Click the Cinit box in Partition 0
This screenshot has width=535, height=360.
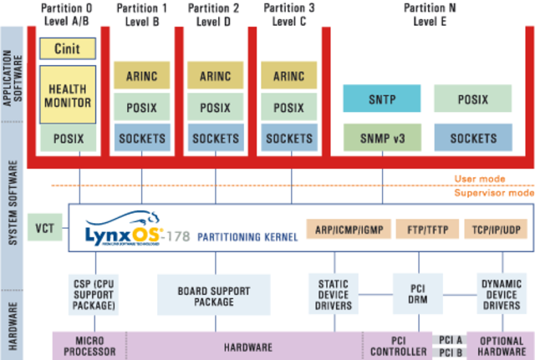point(67,48)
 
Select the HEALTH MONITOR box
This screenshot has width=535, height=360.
point(67,94)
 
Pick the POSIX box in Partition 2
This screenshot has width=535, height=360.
point(216,107)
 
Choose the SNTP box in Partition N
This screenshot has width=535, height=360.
point(381,99)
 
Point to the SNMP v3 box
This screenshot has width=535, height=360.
point(381,138)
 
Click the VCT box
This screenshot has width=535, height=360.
point(44,227)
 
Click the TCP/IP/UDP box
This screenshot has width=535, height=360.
point(497,228)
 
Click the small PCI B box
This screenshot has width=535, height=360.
point(450,353)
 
